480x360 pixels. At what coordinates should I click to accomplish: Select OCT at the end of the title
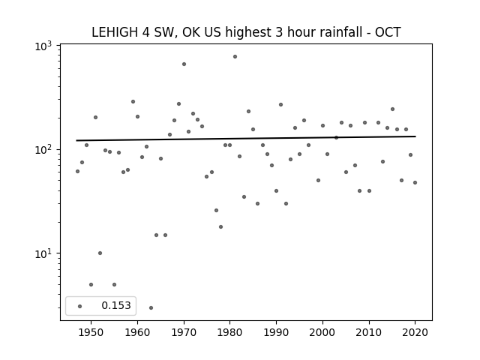[x=388, y=32]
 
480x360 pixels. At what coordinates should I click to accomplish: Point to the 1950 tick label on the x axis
[x=91, y=332]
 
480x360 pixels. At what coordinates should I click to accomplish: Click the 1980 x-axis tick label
[x=230, y=332]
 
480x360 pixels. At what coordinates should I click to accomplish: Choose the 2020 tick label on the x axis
[x=415, y=332]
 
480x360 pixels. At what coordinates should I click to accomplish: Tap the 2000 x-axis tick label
[x=322, y=332]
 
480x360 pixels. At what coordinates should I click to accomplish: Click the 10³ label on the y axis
[x=43, y=46]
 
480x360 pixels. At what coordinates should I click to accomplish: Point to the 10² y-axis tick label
[x=43, y=151]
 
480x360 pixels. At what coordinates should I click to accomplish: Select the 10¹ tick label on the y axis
[x=43, y=254]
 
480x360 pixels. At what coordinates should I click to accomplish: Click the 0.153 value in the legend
[x=116, y=305]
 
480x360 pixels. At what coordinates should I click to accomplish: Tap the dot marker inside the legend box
[x=79, y=306]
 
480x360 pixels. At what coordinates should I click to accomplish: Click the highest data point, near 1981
[x=235, y=57]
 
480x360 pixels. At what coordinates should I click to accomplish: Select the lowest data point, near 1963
[x=151, y=308]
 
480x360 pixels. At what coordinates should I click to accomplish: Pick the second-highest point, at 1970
[x=184, y=64]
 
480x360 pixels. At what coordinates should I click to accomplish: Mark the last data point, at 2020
[x=415, y=183]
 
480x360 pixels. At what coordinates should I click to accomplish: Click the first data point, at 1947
[x=77, y=172]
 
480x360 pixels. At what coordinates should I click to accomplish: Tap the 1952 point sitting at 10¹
[x=100, y=253]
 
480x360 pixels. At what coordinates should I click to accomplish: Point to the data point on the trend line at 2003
[x=336, y=138]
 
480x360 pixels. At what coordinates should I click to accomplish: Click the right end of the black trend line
[x=415, y=136]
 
